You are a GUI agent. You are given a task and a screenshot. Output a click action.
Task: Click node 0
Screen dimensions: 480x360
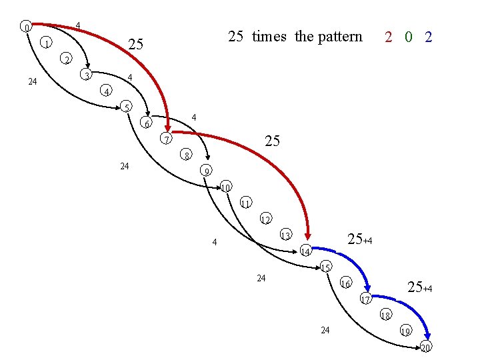[x=25, y=27]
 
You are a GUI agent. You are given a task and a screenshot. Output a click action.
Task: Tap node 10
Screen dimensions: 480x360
[x=226, y=187]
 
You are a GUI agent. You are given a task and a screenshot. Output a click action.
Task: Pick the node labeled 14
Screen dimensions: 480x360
[x=305, y=251]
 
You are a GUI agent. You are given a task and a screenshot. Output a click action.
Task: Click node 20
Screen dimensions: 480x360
[x=425, y=347]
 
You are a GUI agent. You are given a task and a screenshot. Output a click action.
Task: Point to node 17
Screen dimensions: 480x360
[x=365, y=299]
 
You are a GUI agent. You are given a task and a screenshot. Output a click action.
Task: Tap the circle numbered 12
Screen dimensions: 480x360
[x=265, y=219]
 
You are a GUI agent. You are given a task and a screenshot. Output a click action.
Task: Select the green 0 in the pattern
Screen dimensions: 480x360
[x=408, y=37]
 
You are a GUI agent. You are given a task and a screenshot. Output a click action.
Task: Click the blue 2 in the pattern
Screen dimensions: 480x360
[x=428, y=37]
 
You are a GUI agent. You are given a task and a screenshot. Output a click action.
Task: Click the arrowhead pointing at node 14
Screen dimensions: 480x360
[x=309, y=235]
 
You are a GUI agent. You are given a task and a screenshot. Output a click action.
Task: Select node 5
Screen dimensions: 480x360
[x=126, y=107]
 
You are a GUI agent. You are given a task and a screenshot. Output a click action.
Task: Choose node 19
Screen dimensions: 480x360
[x=405, y=331]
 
